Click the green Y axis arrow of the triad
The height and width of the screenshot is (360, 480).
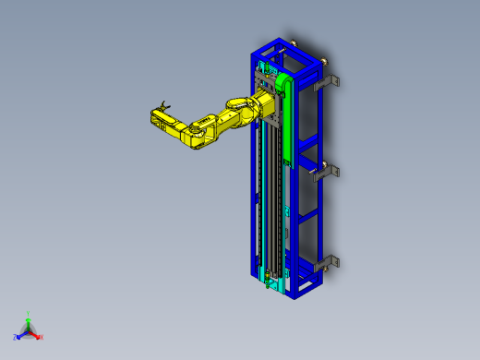[x=28, y=318]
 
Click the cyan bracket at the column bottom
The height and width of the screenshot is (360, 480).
[x=269, y=276]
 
